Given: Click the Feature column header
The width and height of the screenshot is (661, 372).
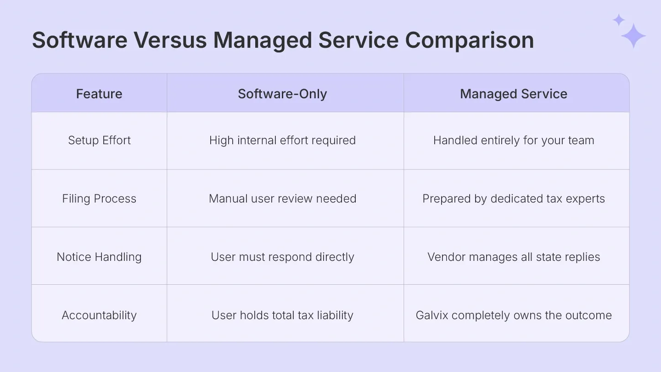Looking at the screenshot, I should click(99, 94).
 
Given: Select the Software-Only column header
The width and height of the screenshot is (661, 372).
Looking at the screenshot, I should click(282, 94).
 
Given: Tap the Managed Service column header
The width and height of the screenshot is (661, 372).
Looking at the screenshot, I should click(514, 94).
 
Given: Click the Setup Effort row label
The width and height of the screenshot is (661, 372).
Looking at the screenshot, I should click(99, 140).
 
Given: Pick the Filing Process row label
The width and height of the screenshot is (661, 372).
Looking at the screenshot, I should click(99, 198).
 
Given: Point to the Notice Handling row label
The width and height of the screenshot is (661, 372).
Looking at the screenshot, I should click(99, 257).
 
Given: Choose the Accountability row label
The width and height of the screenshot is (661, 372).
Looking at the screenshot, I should click(99, 315).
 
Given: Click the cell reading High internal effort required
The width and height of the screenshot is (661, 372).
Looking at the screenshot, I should click(282, 140).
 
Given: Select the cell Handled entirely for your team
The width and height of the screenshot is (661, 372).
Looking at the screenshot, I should click(514, 140).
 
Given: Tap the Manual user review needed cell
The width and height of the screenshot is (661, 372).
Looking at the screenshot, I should click(282, 198).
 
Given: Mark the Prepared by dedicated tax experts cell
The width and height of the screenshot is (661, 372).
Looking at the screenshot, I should click(514, 198).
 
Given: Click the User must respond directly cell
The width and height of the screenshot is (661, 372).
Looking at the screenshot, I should click(282, 257).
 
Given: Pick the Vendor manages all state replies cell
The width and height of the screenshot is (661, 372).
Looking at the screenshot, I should click(514, 257).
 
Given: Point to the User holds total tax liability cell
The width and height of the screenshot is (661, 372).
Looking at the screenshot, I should click(282, 315).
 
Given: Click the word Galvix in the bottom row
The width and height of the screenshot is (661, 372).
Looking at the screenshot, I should click(431, 315).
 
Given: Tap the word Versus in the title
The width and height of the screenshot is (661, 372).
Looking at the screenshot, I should click(170, 40).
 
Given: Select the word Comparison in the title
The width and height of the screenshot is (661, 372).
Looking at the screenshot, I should click(470, 40).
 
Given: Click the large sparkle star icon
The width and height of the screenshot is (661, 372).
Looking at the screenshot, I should click(633, 36).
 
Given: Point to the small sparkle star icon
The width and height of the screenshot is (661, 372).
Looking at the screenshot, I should click(619, 20).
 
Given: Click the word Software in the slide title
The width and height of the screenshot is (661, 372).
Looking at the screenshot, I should click(79, 40).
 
